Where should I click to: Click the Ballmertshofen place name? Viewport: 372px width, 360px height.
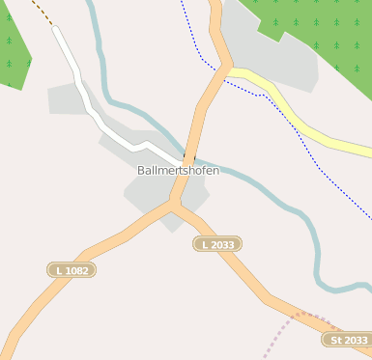point(178,171)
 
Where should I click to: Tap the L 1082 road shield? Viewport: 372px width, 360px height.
point(72,270)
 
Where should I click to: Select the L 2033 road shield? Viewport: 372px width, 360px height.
point(217,245)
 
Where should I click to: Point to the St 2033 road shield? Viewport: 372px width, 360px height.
point(348,340)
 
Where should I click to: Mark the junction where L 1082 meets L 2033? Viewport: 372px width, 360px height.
point(172,203)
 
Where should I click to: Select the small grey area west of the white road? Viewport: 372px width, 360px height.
point(66,98)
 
